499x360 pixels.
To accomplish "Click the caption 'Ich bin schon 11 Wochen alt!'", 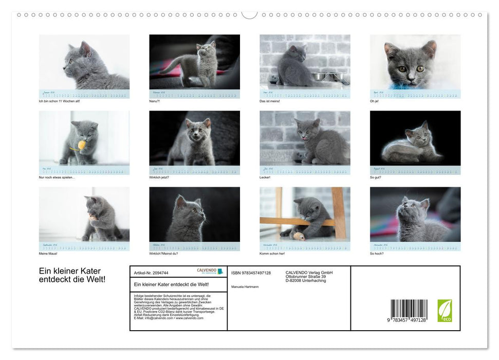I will click(59, 101).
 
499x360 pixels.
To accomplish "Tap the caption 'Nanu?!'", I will click(155, 101).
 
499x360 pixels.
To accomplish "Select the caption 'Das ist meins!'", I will click(270, 101).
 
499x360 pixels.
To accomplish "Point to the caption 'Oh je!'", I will click(375, 101).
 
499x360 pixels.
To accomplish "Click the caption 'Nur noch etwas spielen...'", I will click(57, 177).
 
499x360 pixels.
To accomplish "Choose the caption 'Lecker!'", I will click(265, 177).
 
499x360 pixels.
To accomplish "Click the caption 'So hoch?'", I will click(377, 253).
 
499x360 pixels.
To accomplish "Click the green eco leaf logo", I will click(445, 311).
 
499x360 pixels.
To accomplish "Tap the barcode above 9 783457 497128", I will click(409, 310).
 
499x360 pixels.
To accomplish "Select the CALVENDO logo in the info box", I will click(210, 271).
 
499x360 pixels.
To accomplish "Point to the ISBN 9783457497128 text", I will click(251, 273).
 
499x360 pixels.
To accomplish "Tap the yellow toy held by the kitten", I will click(81, 146).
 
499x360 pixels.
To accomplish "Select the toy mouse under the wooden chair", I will click(299, 237).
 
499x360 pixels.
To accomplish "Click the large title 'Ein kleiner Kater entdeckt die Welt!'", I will click(72, 275).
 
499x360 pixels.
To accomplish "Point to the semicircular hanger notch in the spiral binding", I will click(249, 14).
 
